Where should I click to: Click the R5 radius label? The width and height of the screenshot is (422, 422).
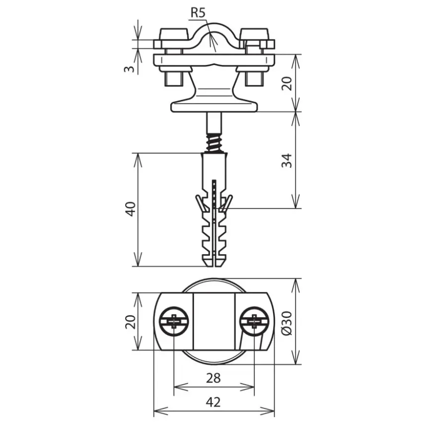[x=198, y=12]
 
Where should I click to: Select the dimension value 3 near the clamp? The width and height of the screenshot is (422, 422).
[x=129, y=69]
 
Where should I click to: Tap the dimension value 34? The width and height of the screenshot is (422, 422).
[x=286, y=161]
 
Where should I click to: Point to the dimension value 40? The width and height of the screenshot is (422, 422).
[x=131, y=209]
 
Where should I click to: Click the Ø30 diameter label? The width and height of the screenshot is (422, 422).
[x=287, y=323]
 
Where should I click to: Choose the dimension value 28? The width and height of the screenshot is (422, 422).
[x=213, y=378]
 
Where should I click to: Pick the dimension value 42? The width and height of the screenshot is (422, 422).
[x=213, y=402]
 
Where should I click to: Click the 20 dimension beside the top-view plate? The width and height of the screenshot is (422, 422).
[x=131, y=322]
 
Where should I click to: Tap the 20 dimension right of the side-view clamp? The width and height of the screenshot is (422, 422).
[x=286, y=83]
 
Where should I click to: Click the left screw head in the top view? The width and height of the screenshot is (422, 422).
[x=174, y=321]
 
